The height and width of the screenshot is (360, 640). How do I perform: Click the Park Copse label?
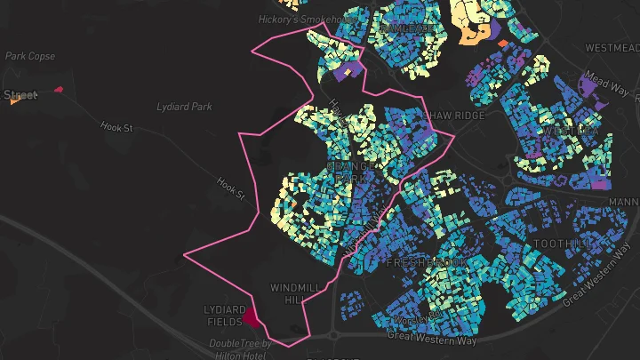pyautogui.click(x=30, y=56)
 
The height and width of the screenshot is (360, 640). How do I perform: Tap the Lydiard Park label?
pyautogui.click(x=184, y=107)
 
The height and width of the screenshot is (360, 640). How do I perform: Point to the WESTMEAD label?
pyautogui.click(x=609, y=46)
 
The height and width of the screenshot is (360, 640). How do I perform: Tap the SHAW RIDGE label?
pyautogui.click(x=456, y=116)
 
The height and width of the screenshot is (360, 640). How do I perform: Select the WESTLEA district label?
pyautogui.click(x=570, y=131)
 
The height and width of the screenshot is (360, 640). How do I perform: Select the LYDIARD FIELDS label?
pyautogui.click(x=223, y=315)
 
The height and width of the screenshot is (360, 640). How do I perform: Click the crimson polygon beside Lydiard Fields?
pyautogui.click(x=250, y=316)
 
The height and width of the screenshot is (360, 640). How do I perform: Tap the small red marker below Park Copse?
pyautogui.click(x=59, y=89)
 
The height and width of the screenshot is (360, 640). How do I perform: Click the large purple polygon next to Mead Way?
pyautogui.click(x=589, y=86)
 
